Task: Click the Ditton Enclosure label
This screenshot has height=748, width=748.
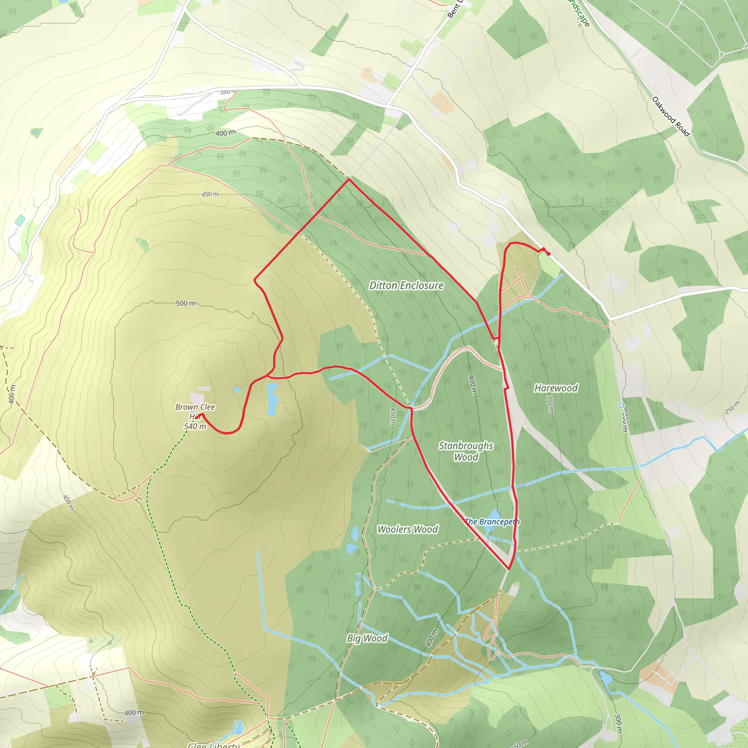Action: (x=406, y=285)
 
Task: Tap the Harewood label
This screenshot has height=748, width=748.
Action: (x=556, y=388)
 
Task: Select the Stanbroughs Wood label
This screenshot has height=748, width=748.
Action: (x=466, y=451)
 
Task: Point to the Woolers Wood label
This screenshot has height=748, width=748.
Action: (x=407, y=529)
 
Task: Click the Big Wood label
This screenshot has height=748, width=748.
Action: (x=367, y=638)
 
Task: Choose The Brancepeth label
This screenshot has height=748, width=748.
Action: (x=492, y=522)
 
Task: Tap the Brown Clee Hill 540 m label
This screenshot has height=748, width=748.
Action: (x=195, y=417)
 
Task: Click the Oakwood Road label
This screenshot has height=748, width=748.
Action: (x=671, y=117)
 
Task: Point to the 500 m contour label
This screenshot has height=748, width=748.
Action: (x=186, y=303)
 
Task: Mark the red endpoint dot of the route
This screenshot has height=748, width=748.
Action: (x=549, y=254)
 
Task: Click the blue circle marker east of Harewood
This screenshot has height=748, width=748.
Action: (x=621, y=405)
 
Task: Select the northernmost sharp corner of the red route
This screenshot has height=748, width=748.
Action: (x=348, y=179)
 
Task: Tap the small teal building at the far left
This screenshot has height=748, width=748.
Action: (x=20, y=221)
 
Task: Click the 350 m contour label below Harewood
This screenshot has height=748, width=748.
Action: (x=549, y=404)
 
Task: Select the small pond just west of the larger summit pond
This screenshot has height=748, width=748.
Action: (x=237, y=390)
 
